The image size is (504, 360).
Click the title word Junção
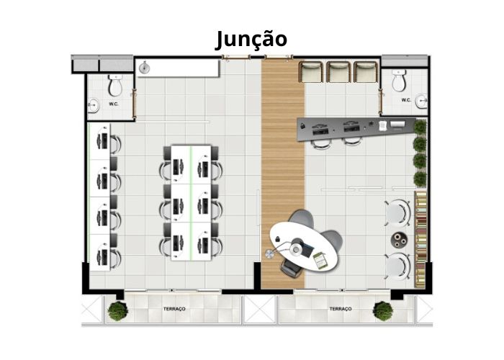click(x=251, y=40)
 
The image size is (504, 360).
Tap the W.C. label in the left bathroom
click(x=114, y=104)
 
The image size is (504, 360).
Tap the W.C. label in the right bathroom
click(x=406, y=100)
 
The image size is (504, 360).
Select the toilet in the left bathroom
click(x=115, y=85)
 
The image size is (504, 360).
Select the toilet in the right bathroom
click(x=399, y=81)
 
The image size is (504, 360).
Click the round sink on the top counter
click(x=145, y=68)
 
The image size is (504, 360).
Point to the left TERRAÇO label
click(x=174, y=309)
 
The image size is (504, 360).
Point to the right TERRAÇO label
click(x=341, y=309)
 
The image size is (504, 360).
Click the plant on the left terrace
click(x=117, y=311)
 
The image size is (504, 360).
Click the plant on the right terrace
click(x=383, y=311)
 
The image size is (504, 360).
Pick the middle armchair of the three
click(x=338, y=72)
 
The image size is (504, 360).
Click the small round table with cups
click(x=399, y=240)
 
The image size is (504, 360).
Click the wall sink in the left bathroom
click(x=93, y=105)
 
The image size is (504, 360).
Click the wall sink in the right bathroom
click(x=422, y=101)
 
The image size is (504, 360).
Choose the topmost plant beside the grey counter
click(x=420, y=127)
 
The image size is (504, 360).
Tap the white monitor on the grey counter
click(x=397, y=124)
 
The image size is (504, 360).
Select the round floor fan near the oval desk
click(x=269, y=253)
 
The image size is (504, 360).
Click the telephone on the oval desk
click(x=277, y=238)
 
